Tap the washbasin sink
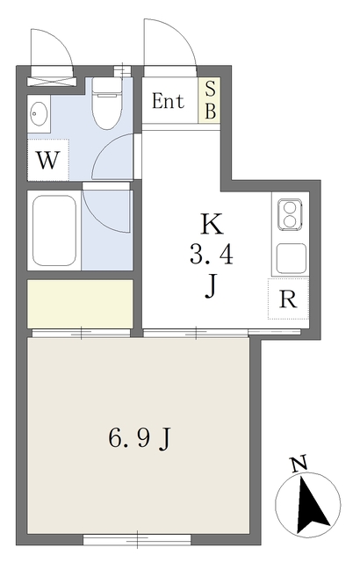(39, 115)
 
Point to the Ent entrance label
(168, 101)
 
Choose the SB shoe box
(210, 101)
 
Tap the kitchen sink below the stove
(289, 257)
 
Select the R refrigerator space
(287, 299)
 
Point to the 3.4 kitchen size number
(212, 256)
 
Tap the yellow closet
(80, 302)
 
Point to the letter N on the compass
(299, 463)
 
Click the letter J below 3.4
(211, 287)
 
